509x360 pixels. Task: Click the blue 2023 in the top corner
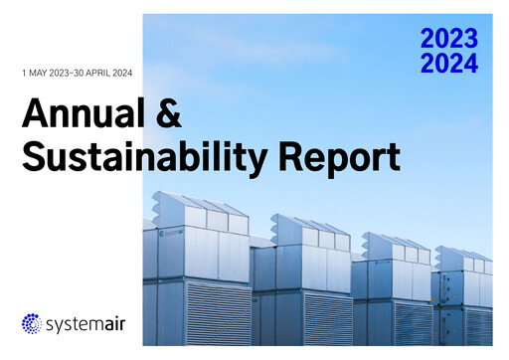(x=448, y=40)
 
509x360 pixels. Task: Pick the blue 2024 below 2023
(x=448, y=64)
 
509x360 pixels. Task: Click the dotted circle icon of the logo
(x=33, y=324)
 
